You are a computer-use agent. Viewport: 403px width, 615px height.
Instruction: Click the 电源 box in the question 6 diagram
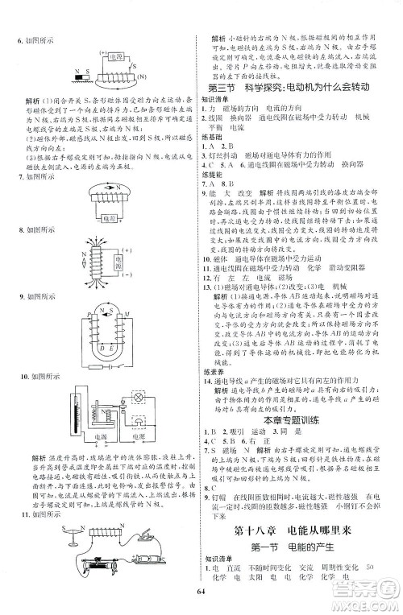click(x=115, y=58)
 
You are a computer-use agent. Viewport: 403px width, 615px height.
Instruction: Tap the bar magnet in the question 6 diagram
click(x=72, y=79)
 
